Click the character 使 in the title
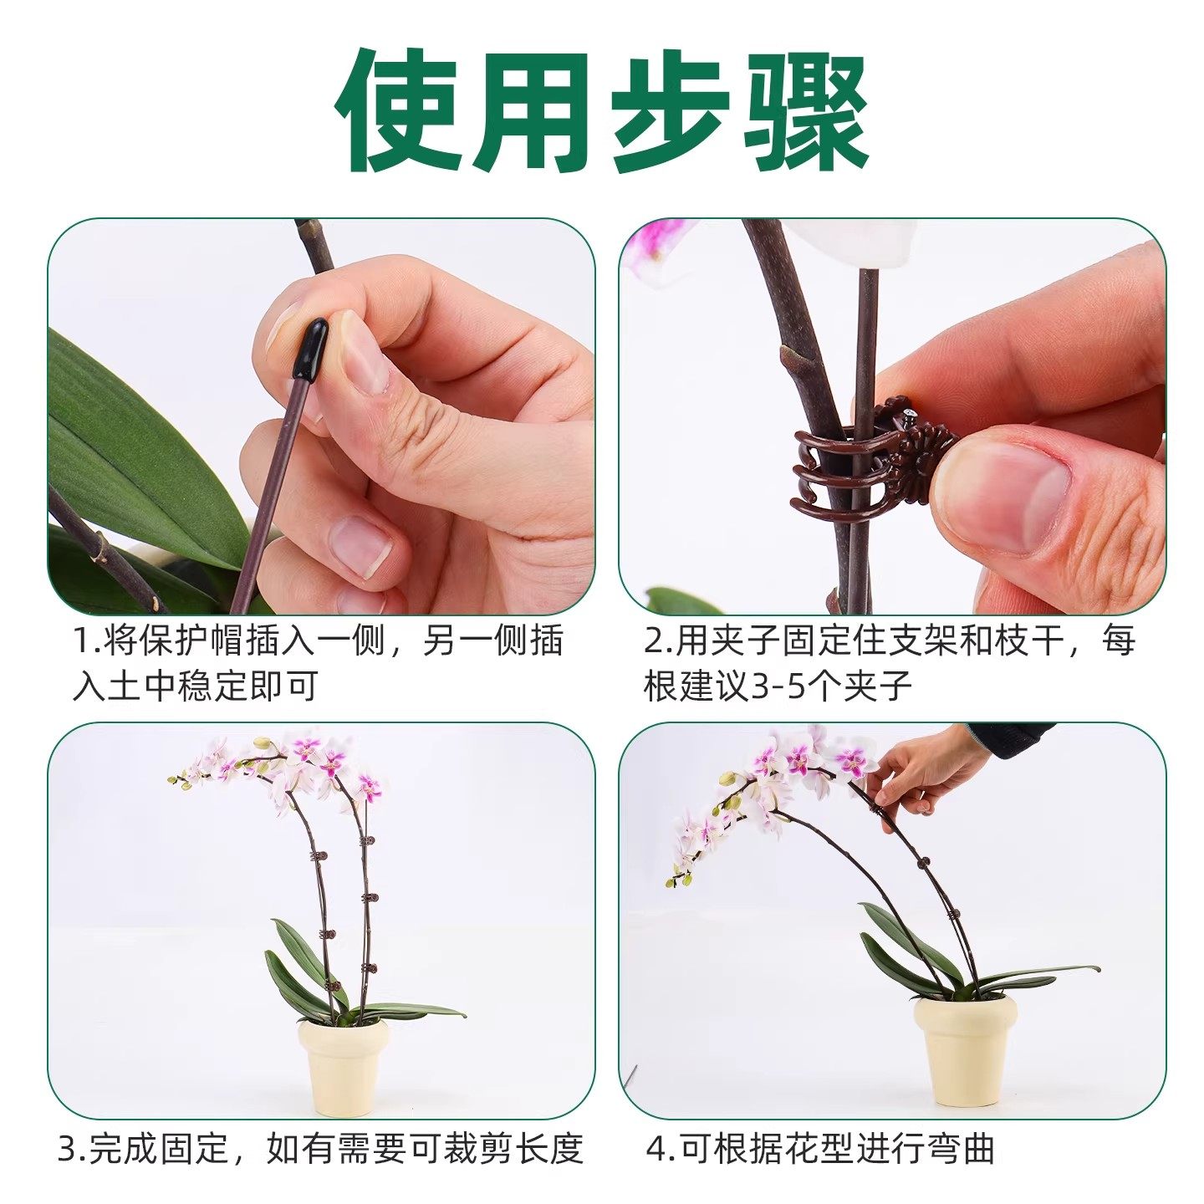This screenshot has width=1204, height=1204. [x=400, y=110]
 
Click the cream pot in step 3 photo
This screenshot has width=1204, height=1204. [x=343, y=1066]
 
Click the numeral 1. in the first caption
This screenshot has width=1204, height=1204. [x=86, y=642]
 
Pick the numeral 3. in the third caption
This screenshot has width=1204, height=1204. [x=71, y=1149]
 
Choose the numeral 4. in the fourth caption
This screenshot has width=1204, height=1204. [x=661, y=1149]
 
